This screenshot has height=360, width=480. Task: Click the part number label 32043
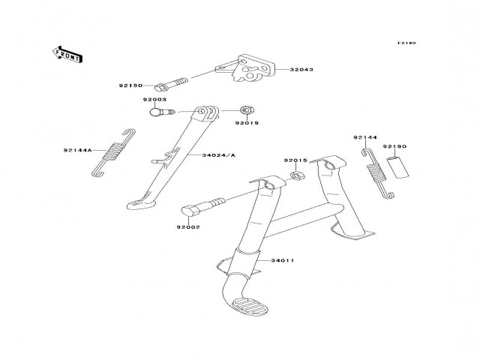pyautogui.click(x=302, y=69)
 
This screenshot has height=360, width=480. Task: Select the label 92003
pyautogui.click(x=154, y=100)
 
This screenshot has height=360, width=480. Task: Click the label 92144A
pyautogui.click(x=78, y=150)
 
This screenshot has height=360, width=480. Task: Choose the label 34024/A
pyautogui.click(x=218, y=155)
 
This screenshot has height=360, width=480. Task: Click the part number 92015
pyautogui.click(x=295, y=160)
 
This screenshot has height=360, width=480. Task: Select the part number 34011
pyautogui.click(x=282, y=260)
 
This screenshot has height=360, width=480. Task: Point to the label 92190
pyautogui.click(x=394, y=146)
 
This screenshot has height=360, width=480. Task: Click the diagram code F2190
pyautogui.click(x=406, y=43)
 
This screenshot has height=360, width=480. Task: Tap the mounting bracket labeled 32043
pyautogui.click(x=245, y=69)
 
